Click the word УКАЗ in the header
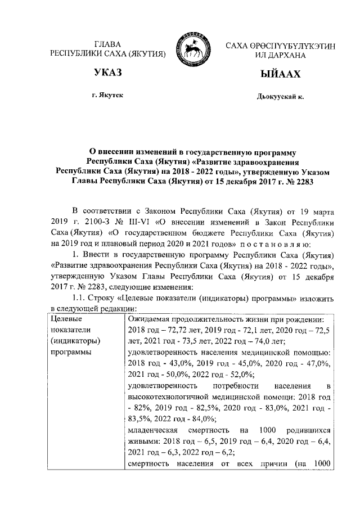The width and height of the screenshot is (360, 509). [x=109, y=74]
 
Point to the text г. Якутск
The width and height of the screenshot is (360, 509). [x=109, y=96]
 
